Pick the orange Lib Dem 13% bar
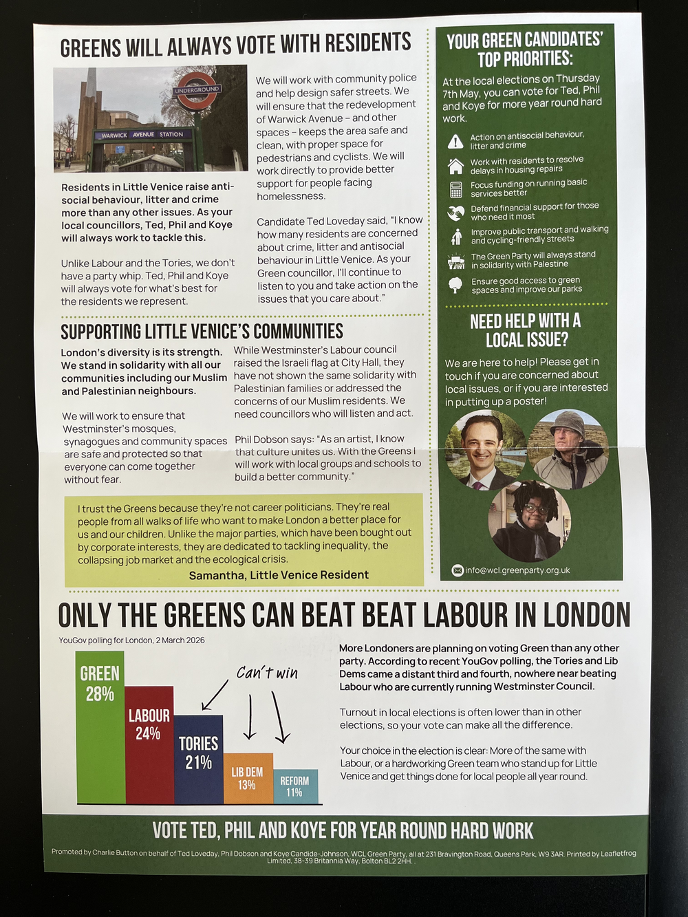click(x=248, y=778)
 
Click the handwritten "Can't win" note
click(x=267, y=673)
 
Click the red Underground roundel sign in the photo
click(x=197, y=90)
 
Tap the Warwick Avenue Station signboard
click(x=143, y=135)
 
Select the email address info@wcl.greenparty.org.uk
click(x=517, y=570)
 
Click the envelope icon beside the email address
click(x=458, y=570)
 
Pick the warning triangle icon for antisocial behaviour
click(x=455, y=142)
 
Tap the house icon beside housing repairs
click(x=455, y=166)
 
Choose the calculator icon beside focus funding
click(x=455, y=189)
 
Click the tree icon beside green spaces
click(x=455, y=285)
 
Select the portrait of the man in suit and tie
click(x=484, y=449)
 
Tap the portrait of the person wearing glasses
click(x=529, y=520)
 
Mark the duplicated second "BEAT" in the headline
click(x=385, y=615)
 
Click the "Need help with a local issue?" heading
click(x=526, y=330)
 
